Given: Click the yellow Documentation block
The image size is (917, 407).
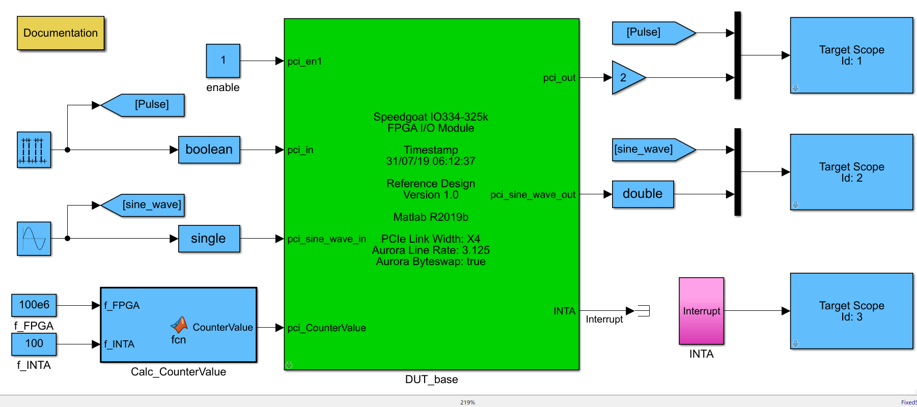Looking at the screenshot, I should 61,33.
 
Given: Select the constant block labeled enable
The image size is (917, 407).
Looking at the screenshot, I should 223,61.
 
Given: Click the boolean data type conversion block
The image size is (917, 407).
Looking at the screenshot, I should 209,150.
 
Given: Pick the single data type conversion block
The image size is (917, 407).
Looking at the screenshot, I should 209,239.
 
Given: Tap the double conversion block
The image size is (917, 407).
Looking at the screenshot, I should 643,194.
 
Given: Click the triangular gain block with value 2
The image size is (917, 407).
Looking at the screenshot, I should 626,78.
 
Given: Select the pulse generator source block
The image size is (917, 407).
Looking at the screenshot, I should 34,150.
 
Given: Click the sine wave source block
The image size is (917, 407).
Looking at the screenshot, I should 34,239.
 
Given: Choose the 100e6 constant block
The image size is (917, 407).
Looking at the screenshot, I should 34,305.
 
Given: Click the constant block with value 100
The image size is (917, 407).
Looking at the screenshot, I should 34,344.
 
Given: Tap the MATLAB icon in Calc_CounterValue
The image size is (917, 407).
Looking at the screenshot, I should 179,325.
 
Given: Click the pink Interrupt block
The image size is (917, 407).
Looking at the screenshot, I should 701,311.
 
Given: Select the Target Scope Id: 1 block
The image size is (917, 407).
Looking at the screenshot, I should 851,55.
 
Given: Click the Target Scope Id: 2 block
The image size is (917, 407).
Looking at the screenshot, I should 851,172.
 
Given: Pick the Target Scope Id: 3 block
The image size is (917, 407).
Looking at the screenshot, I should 851,311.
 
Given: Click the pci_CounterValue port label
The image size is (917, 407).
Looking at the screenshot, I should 326,328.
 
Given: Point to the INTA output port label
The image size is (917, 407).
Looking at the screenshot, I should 564,311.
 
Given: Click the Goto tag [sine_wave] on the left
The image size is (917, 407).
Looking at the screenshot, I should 144,205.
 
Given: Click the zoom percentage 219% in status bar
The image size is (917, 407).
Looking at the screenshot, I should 467,402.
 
